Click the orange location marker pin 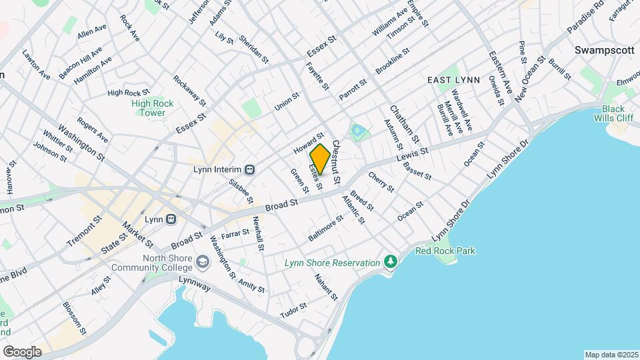(x=319, y=159)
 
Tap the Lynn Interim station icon (x=249, y=169)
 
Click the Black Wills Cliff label (x=613, y=113)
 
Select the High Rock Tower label (x=152, y=108)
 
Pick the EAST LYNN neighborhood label (x=453, y=79)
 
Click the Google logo (x=22, y=351)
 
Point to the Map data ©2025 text (x=611, y=355)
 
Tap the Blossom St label (x=74, y=318)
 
